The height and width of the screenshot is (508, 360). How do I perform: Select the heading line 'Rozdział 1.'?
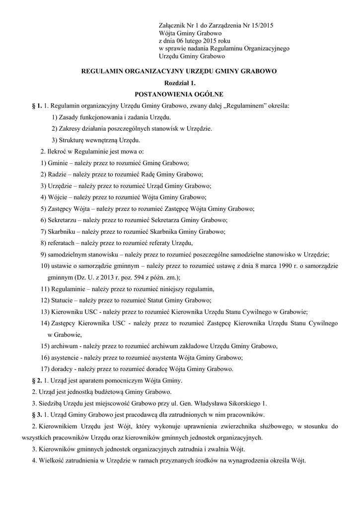click(179, 82)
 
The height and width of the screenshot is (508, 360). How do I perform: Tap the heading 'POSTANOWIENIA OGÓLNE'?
click(179, 94)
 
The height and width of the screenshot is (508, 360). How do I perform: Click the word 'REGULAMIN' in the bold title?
click(102, 71)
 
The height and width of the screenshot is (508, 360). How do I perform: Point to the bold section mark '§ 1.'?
click(36, 106)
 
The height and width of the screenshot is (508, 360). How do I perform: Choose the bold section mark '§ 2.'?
click(36, 381)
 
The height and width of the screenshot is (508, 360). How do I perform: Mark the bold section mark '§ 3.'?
click(36, 415)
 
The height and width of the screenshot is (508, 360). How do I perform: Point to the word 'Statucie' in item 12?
click(64, 300)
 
